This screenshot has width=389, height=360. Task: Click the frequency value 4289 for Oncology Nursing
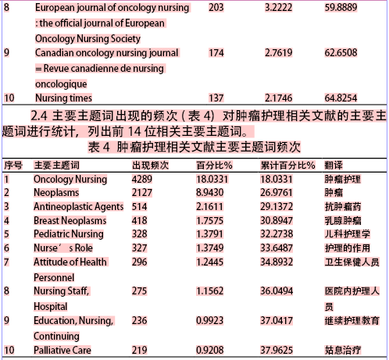click(x=141, y=179)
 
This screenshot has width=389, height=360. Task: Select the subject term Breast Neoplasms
click(x=70, y=220)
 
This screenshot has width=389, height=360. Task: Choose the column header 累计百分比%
click(x=287, y=166)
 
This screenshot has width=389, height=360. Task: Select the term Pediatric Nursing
click(x=68, y=234)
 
